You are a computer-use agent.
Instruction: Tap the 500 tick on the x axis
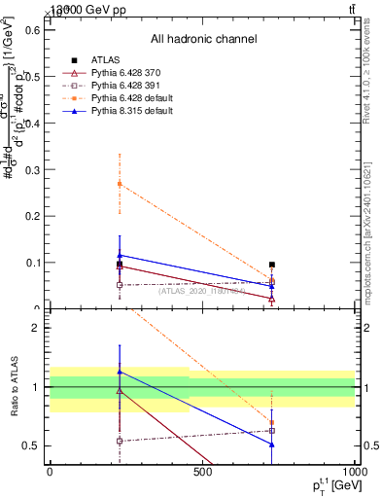[x=202, y=472]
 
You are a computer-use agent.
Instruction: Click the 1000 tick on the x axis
[x=354, y=472]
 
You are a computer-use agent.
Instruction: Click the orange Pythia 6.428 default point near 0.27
[x=120, y=183]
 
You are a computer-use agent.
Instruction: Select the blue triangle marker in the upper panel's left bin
[x=120, y=255]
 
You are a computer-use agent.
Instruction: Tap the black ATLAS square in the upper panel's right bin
[x=272, y=265]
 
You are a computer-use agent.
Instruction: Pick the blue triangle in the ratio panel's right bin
[x=272, y=444]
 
